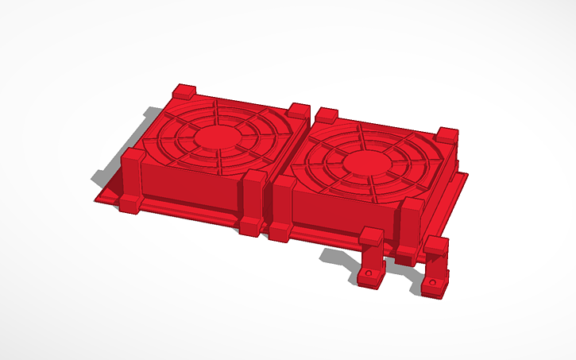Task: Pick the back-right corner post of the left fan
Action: [x=299, y=112]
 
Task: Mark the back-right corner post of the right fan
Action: [x=447, y=136]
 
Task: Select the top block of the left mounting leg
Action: [x=370, y=238]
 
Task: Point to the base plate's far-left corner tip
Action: [x=95, y=195]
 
